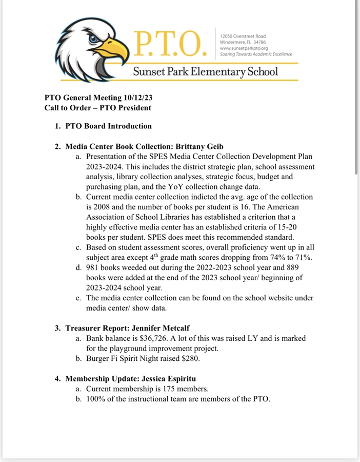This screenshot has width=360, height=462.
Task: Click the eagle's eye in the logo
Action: pos(93,39)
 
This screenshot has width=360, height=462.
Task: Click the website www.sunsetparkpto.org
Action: pos(244,48)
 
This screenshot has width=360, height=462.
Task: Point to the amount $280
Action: pos(192,359)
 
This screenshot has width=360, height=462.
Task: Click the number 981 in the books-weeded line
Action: pos(93,267)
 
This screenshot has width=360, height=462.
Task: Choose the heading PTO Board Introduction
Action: pos(108,126)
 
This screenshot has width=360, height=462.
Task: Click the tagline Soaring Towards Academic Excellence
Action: pos(255,54)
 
